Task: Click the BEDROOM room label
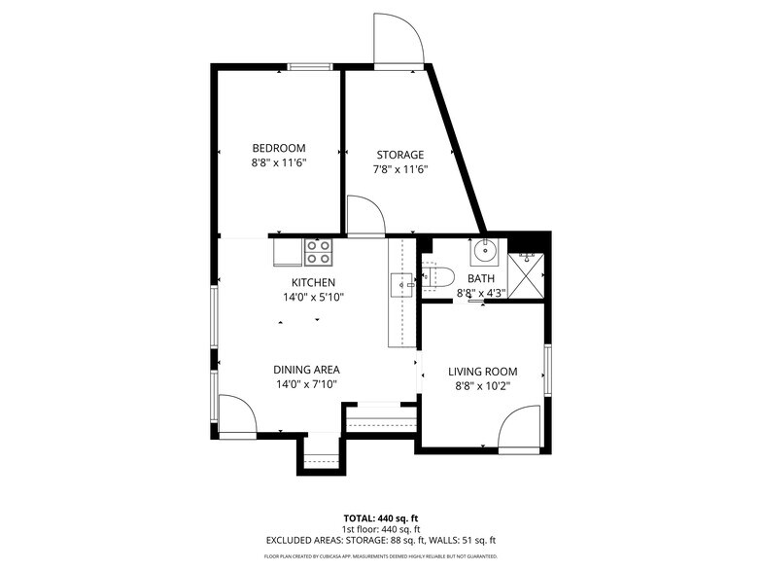tap(278, 148)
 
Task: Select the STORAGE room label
tap(400, 155)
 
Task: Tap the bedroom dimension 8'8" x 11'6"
tap(278, 164)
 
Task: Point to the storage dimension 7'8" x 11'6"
tap(400, 169)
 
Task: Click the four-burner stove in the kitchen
tap(318, 252)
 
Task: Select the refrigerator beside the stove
tap(288, 252)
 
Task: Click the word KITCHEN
tap(311, 282)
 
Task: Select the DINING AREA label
tap(305, 370)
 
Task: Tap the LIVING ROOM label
tap(482, 372)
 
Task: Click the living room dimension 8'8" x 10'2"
tap(482, 386)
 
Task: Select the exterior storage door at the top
tap(398, 39)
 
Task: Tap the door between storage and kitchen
tap(365, 216)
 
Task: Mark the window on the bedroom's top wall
tap(309, 66)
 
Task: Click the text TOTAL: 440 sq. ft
tap(381, 518)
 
